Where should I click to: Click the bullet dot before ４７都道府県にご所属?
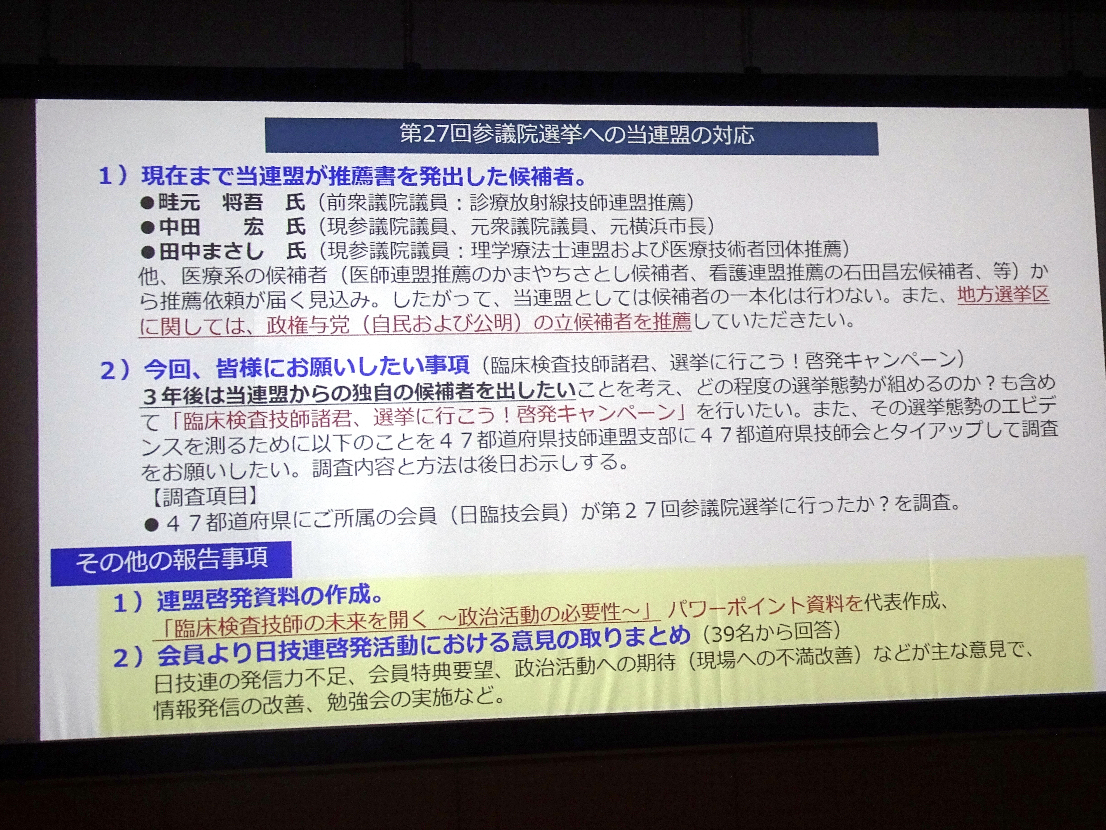(151, 524)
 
